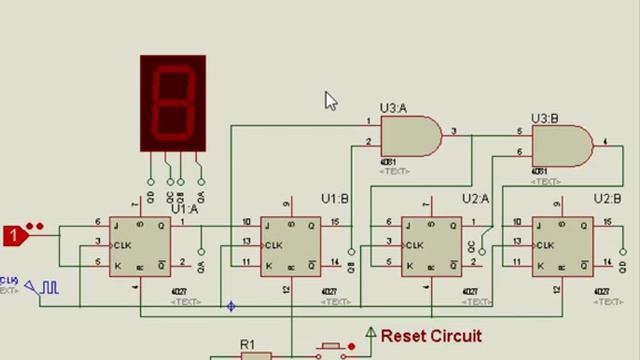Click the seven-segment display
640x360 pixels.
[173, 103]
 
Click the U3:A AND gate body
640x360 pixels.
[410, 137]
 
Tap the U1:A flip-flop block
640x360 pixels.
[140, 245]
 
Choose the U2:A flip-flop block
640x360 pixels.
[432, 245]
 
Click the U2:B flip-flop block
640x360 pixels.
[561, 245]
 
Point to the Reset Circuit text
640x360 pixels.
[431, 336]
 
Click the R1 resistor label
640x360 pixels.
[247, 345]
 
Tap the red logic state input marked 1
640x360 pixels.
[14, 236]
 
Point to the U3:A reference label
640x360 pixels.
[393, 108]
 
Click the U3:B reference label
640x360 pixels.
[544, 119]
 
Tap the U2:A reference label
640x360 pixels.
[475, 199]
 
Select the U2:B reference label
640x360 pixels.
[607, 199]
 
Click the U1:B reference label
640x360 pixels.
[334, 199]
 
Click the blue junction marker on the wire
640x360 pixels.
[231, 306]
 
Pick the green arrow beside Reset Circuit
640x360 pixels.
[371, 334]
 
